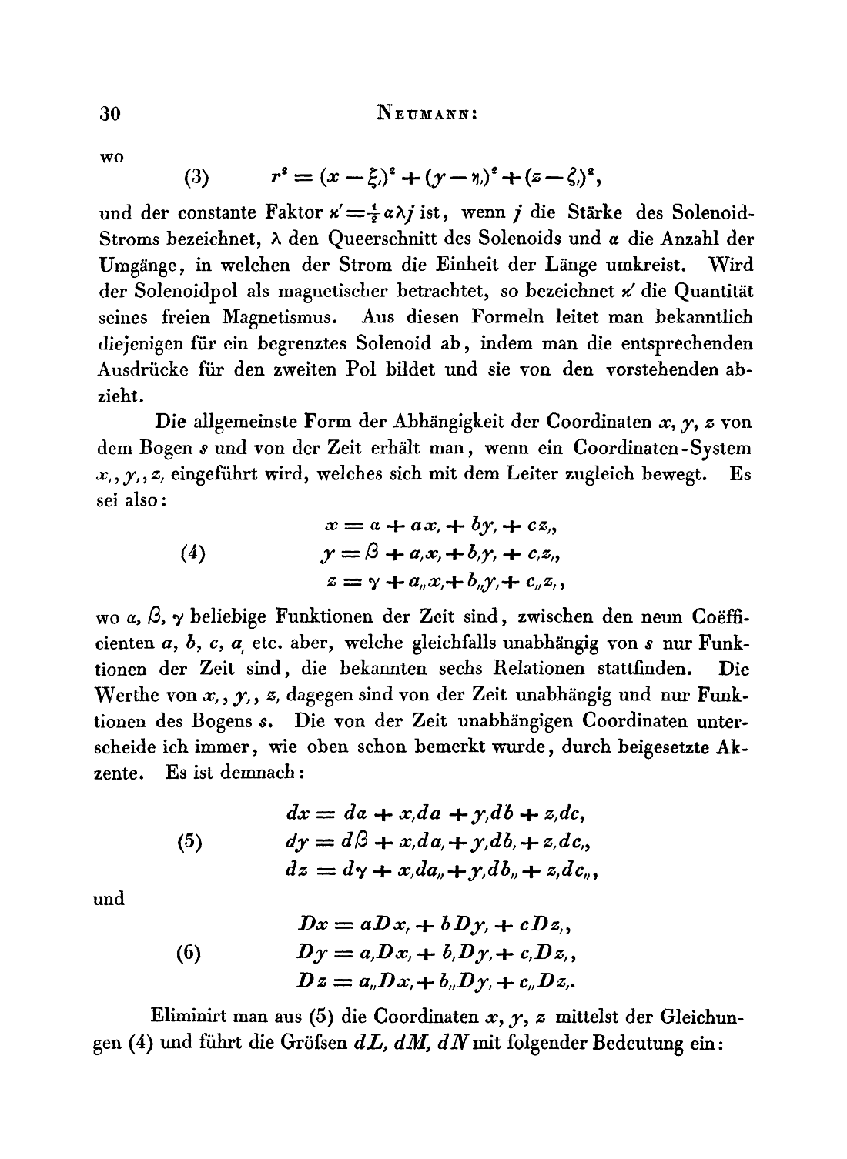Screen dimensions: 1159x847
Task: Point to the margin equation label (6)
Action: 189,954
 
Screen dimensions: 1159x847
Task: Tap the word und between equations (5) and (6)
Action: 109,898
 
